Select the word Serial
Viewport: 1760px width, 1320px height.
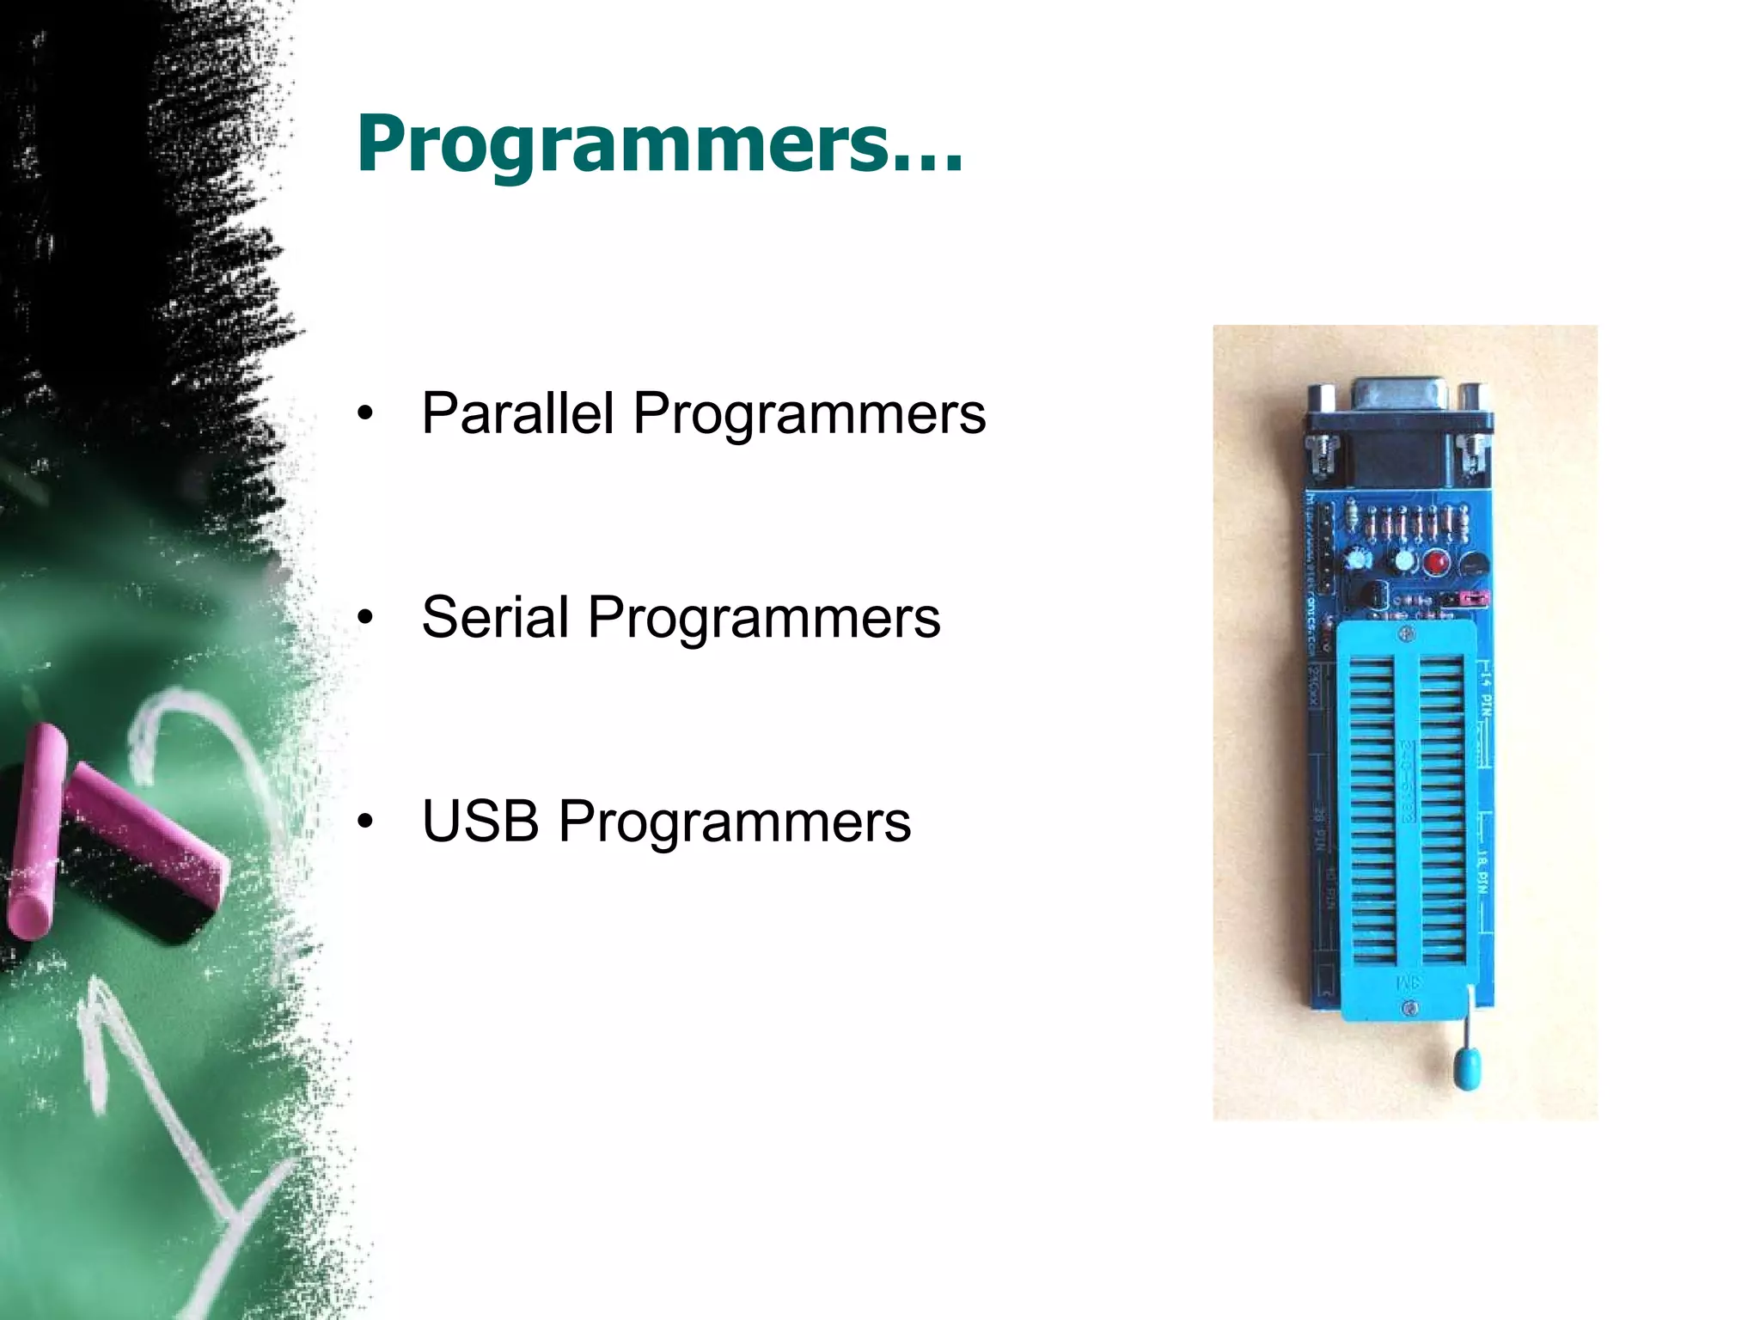click(495, 617)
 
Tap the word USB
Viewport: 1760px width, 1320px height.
click(480, 821)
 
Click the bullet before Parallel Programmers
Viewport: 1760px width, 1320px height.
click(366, 414)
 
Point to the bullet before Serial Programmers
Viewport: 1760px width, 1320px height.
click(366, 618)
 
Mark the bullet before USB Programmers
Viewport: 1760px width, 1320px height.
click(366, 822)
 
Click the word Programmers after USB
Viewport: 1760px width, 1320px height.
click(735, 822)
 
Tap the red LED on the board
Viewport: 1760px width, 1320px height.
click(1435, 563)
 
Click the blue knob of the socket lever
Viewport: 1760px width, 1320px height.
click(1467, 1067)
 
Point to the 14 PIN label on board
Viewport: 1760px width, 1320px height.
click(1486, 692)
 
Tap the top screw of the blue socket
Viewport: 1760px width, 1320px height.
click(1407, 634)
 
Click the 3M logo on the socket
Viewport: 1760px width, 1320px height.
click(1409, 981)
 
